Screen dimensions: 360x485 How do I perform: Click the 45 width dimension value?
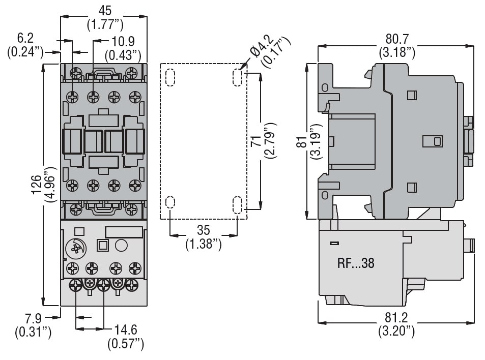(x=104, y=10)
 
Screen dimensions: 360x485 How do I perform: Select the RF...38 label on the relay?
(x=356, y=263)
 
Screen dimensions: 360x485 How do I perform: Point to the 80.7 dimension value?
(x=396, y=39)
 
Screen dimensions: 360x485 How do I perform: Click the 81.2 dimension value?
(x=396, y=317)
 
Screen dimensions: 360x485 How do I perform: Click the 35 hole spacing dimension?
(x=203, y=230)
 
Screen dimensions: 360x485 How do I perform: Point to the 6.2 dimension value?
(x=25, y=38)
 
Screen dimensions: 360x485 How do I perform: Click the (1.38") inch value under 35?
(x=203, y=244)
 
